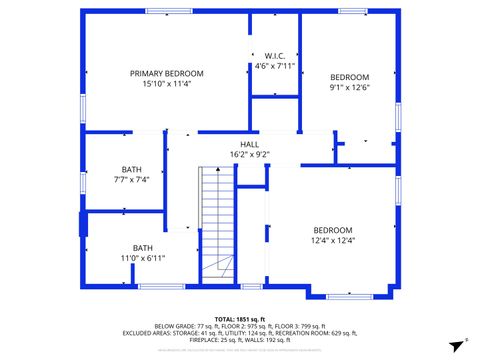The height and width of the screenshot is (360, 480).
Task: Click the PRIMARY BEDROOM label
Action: pyautogui.click(x=167, y=73)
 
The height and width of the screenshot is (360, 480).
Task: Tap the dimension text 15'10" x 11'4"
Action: pyautogui.click(x=167, y=84)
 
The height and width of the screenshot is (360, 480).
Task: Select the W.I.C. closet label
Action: pyautogui.click(x=275, y=55)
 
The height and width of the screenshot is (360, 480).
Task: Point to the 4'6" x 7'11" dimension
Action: pyautogui.click(x=275, y=66)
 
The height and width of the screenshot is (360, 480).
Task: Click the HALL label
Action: pyautogui.click(x=249, y=144)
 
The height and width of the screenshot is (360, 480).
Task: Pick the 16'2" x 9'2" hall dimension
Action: pyautogui.click(x=249, y=154)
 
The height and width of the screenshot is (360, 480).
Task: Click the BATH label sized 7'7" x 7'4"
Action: pyautogui.click(x=132, y=169)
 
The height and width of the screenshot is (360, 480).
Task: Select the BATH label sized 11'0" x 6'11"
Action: pyautogui.click(x=143, y=248)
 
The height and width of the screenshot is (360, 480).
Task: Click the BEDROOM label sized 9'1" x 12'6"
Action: pyautogui.click(x=350, y=77)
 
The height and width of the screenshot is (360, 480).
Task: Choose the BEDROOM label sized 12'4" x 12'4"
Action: pyautogui.click(x=333, y=229)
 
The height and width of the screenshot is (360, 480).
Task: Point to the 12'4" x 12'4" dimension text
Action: pyautogui.click(x=333, y=240)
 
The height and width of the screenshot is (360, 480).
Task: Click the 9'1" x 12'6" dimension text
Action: pyautogui.click(x=350, y=88)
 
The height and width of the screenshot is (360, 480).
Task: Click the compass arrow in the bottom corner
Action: pyautogui.click(x=463, y=343)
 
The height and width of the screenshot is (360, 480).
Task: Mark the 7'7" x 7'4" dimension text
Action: pyautogui.click(x=132, y=180)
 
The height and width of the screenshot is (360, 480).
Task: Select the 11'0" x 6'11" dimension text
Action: pyautogui.click(x=143, y=258)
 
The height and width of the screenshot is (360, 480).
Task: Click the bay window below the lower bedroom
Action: pyautogui.click(x=350, y=296)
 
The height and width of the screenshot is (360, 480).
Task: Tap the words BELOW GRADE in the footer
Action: pyautogui.click(x=176, y=326)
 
